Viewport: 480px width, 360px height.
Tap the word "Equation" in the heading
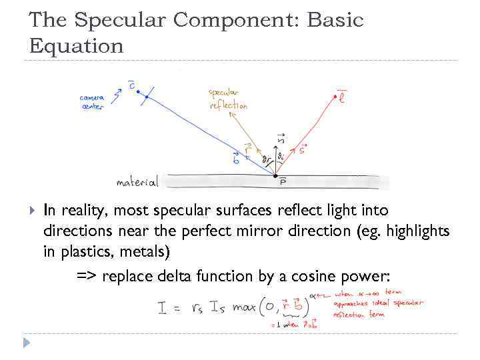[77, 46]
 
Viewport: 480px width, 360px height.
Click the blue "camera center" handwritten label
[92, 102]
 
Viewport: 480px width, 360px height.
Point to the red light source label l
[342, 99]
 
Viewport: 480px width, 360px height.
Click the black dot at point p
[275, 176]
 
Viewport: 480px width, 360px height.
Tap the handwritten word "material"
[137, 182]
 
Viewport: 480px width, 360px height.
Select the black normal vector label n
[281, 138]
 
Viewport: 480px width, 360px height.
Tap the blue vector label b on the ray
[236, 158]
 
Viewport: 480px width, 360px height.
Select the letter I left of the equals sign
[162, 309]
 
